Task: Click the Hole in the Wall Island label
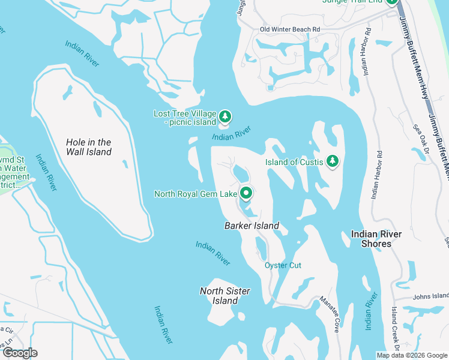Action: (x=88, y=147)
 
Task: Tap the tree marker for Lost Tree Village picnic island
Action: (x=224, y=116)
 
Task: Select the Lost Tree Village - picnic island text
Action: (x=184, y=118)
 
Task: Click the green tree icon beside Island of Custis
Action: (x=333, y=161)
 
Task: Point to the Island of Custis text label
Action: (x=295, y=161)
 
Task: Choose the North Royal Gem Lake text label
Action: (x=196, y=194)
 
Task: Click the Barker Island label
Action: (x=252, y=226)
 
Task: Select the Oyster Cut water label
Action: (x=283, y=265)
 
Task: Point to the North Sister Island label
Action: (x=224, y=295)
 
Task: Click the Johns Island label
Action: (x=431, y=296)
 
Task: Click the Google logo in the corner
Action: (x=19, y=353)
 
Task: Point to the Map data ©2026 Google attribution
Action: (x=412, y=355)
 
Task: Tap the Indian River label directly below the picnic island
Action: (x=231, y=134)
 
